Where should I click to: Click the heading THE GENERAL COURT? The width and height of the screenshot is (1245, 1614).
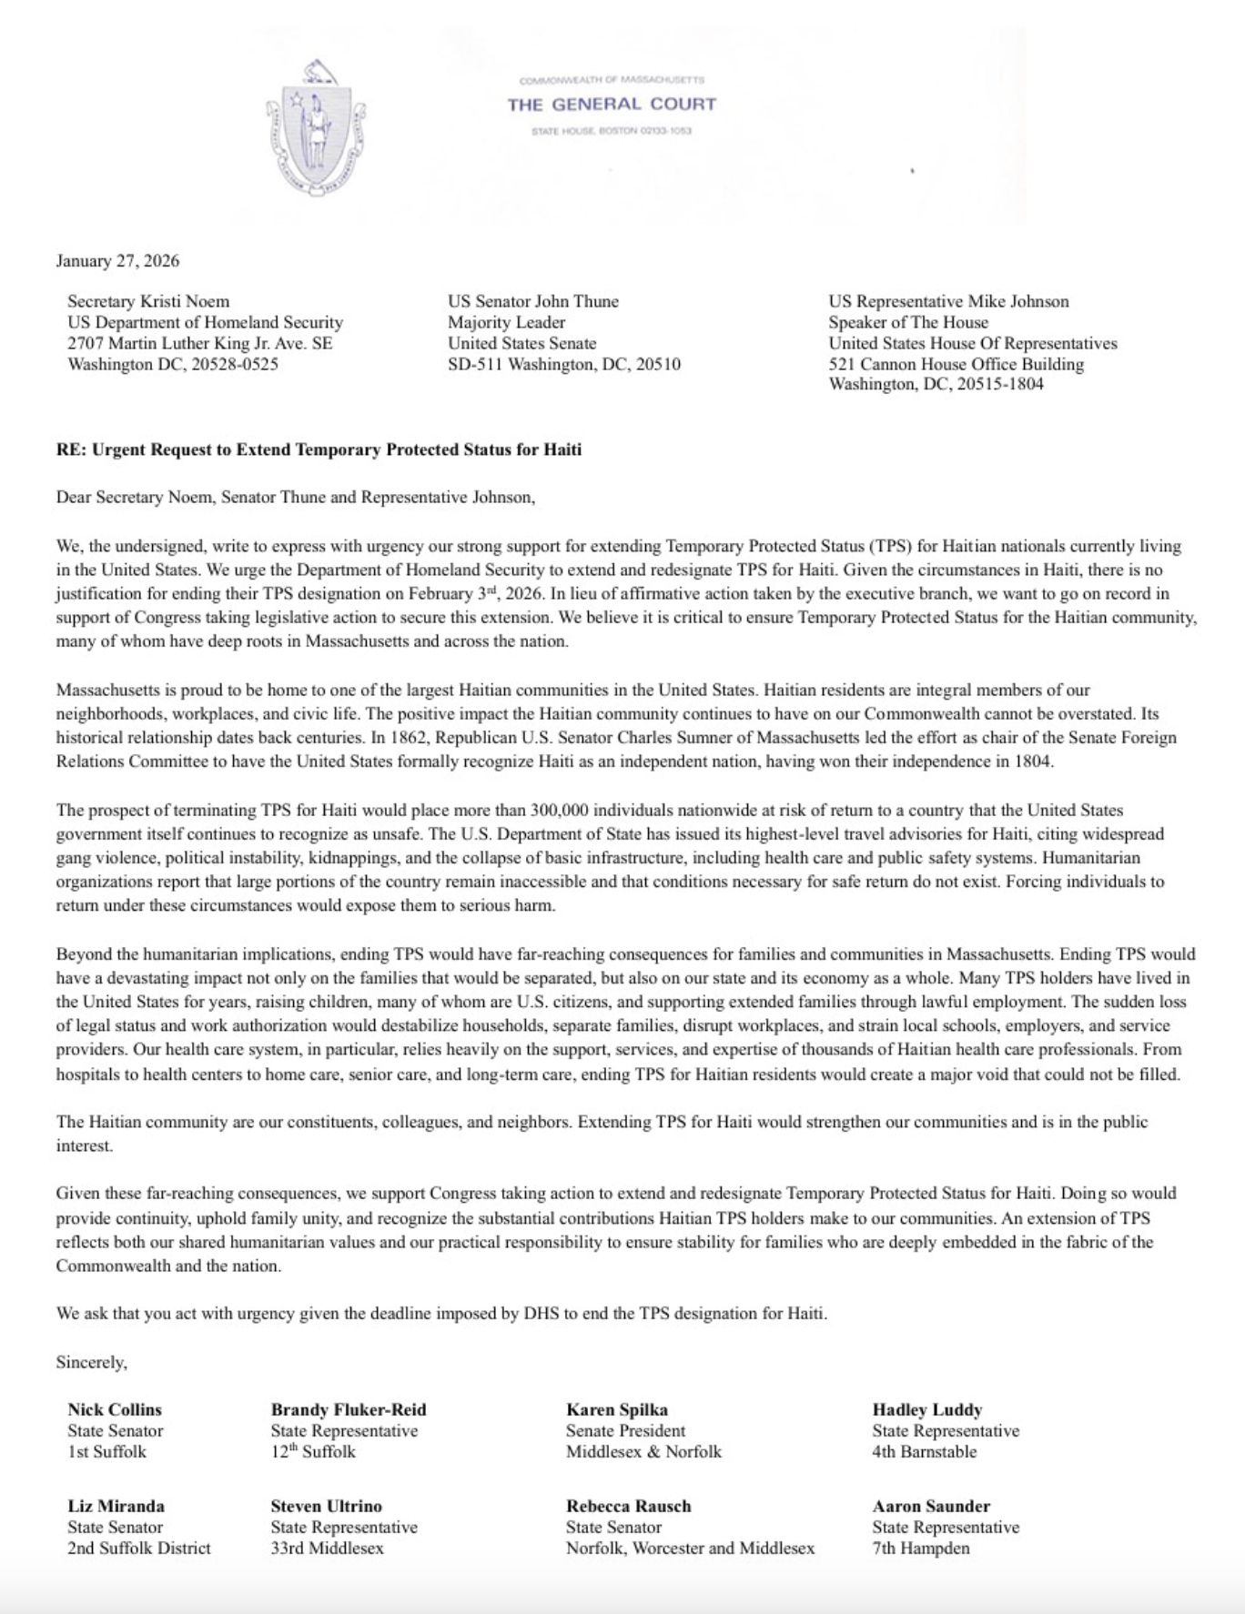(x=612, y=105)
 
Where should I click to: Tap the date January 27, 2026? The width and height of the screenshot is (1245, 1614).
(x=117, y=261)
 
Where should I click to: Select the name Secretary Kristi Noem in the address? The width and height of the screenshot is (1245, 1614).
(x=148, y=301)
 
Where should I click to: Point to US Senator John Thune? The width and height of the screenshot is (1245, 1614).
(x=532, y=301)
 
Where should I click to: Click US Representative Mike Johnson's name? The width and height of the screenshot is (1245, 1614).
(x=948, y=301)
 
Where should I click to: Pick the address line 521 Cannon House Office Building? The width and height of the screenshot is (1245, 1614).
(x=956, y=364)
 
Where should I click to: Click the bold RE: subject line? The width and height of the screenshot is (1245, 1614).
(x=319, y=449)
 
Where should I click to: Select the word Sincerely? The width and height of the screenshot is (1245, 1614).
(x=92, y=1362)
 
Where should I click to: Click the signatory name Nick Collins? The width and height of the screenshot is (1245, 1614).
(x=115, y=1409)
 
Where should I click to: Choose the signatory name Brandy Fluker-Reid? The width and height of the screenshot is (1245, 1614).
(x=349, y=1409)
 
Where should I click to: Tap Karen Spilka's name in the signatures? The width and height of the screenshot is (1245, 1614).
(x=617, y=1409)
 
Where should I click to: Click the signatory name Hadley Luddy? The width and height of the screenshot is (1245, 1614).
(x=927, y=1409)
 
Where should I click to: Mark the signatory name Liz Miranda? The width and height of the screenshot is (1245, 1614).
(x=116, y=1506)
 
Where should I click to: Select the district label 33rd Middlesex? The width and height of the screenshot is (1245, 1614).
(x=327, y=1548)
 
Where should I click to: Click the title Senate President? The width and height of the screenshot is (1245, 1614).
(x=625, y=1430)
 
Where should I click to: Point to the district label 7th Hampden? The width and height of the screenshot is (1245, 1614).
(x=921, y=1548)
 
